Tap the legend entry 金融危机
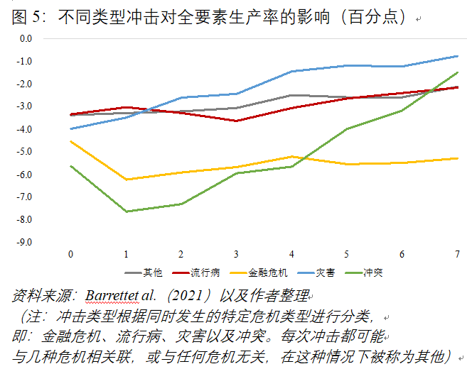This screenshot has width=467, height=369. pyautogui.click(x=262, y=272)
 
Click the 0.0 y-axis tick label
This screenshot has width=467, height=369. pyautogui.click(x=26, y=38)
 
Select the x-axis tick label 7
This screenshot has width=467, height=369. pyautogui.click(x=457, y=254)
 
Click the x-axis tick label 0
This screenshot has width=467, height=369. pyautogui.click(x=70, y=254)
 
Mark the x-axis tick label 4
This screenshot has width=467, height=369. pyautogui.click(x=291, y=254)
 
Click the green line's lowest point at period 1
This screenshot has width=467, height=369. pyautogui.click(x=126, y=211)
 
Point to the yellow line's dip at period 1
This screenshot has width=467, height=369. pyautogui.click(x=126, y=180)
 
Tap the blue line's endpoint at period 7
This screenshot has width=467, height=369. pyautogui.click(x=457, y=55)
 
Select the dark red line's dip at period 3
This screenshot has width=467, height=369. pyautogui.click(x=236, y=121)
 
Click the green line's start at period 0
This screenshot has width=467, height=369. pyautogui.click(x=70, y=166)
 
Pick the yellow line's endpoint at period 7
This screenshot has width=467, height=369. pyautogui.click(x=457, y=158)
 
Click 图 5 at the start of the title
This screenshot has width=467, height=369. pyautogui.click(x=26, y=16)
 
